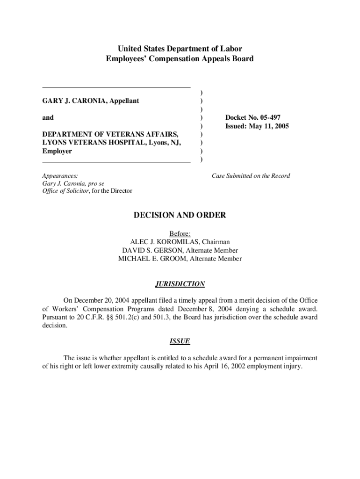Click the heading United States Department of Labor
(180, 49)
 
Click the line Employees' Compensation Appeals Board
(180, 59)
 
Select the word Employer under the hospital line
(57, 152)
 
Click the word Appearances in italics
(60, 176)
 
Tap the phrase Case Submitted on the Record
(251, 176)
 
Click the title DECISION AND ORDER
(180, 215)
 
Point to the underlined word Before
(180, 233)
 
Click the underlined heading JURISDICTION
(180, 284)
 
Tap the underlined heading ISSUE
(180, 341)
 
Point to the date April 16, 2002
(221, 366)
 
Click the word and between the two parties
(48, 118)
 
